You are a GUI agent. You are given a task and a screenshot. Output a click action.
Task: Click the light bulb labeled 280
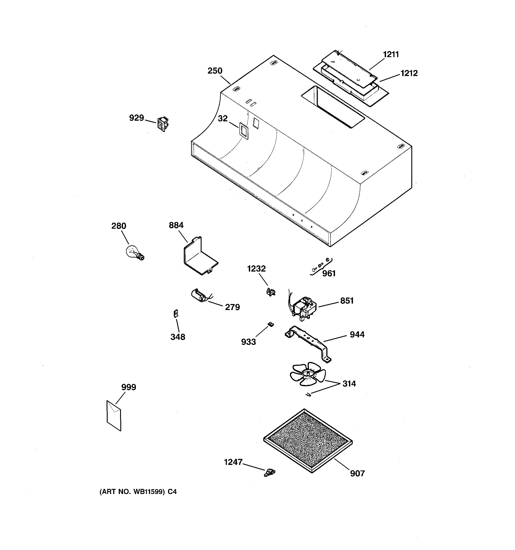pos(135,252)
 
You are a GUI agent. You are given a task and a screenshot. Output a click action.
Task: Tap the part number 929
pos(137,118)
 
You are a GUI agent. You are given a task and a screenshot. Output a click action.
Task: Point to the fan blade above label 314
pos(308,374)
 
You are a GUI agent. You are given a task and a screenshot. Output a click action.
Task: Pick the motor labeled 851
pos(302,308)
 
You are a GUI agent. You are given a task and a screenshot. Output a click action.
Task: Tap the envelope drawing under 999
pos(114,415)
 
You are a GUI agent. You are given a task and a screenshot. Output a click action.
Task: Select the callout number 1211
pos(391,54)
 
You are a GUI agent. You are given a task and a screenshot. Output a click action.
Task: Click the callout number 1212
pos(409,73)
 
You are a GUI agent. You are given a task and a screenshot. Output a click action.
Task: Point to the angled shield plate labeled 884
pos(200,257)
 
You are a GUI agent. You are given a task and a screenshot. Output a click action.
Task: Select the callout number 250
pos(215,71)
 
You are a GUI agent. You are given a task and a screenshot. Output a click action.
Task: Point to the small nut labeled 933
pos(271,324)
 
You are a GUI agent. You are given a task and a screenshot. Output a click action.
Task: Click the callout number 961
pos(329,274)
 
